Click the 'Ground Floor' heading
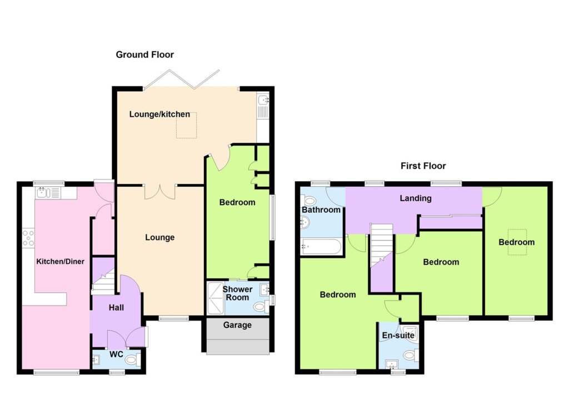(x=145, y=55)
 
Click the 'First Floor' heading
(x=423, y=166)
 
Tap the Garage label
(x=237, y=325)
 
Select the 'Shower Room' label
(x=237, y=293)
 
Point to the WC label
(x=117, y=354)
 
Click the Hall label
(x=117, y=308)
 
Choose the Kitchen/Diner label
(x=60, y=262)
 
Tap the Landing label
(x=416, y=198)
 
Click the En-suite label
(x=398, y=335)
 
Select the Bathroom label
(x=321, y=210)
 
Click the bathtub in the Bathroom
(x=321, y=247)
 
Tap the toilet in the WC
(x=132, y=361)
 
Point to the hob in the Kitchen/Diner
(x=28, y=238)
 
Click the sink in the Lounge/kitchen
(x=263, y=106)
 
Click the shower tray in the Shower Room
(x=216, y=298)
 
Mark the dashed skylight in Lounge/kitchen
(x=187, y=125)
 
